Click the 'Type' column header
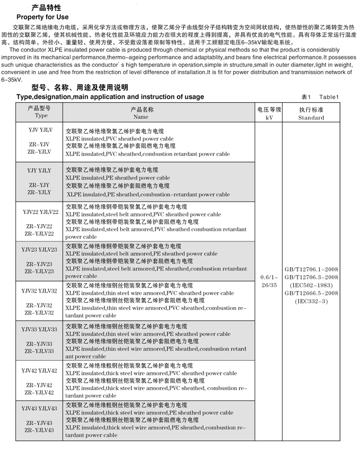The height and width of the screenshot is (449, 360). (x=41, y=116)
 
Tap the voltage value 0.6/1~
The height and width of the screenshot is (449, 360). (x=270, y=277)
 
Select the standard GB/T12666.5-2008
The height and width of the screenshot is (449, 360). (x=312, y=294)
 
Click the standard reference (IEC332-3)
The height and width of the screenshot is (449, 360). (x=312, y=302)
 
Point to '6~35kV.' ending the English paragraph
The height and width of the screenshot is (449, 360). (x=12, y=79)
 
